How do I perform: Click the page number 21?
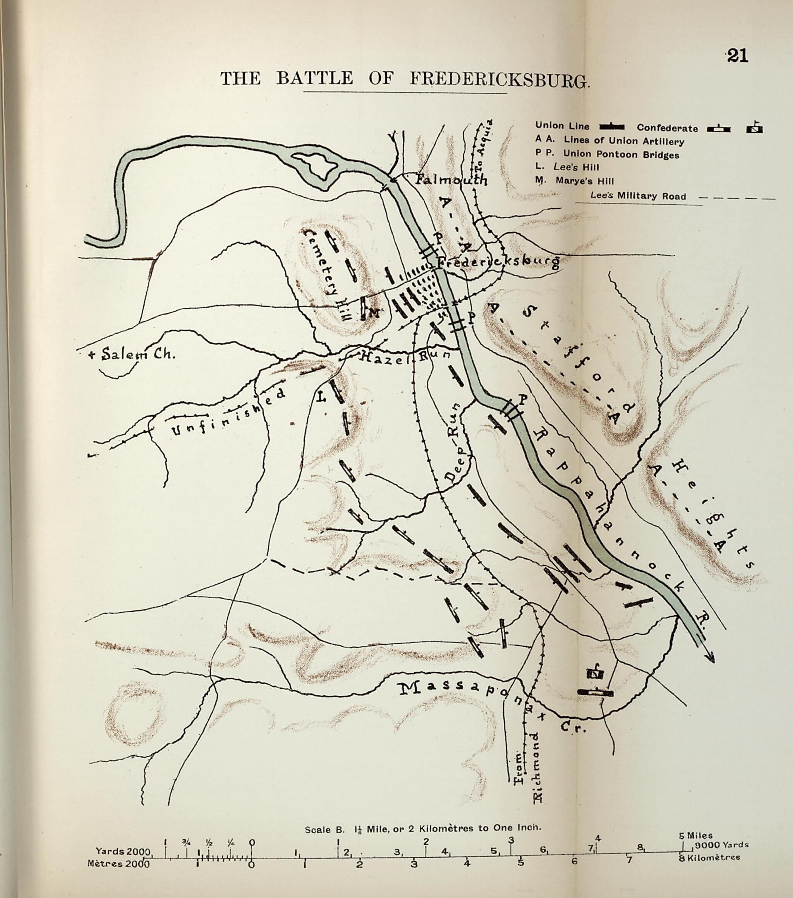tap(737, 56)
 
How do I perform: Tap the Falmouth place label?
tap(451, 180)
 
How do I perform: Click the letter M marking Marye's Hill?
tap(373, 313)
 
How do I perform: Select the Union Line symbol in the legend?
tap(611, 127)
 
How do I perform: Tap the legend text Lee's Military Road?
tap(638, 196)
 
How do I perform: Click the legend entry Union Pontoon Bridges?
tap(621, 155)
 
